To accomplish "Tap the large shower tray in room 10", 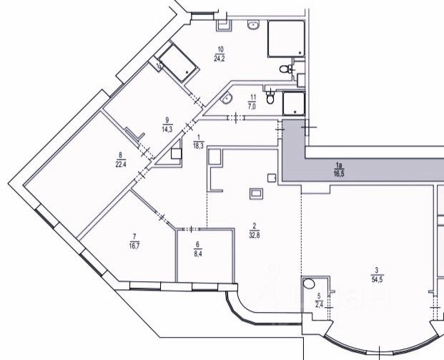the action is coord(287,39).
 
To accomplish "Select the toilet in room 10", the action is coord(285,69).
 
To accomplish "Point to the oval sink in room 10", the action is coord(253,26).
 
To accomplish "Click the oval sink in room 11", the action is coord(227,99).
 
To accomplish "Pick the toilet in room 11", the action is coord(270,98).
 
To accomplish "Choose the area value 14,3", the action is coord(167,129).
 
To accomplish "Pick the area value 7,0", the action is coord(252,105).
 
